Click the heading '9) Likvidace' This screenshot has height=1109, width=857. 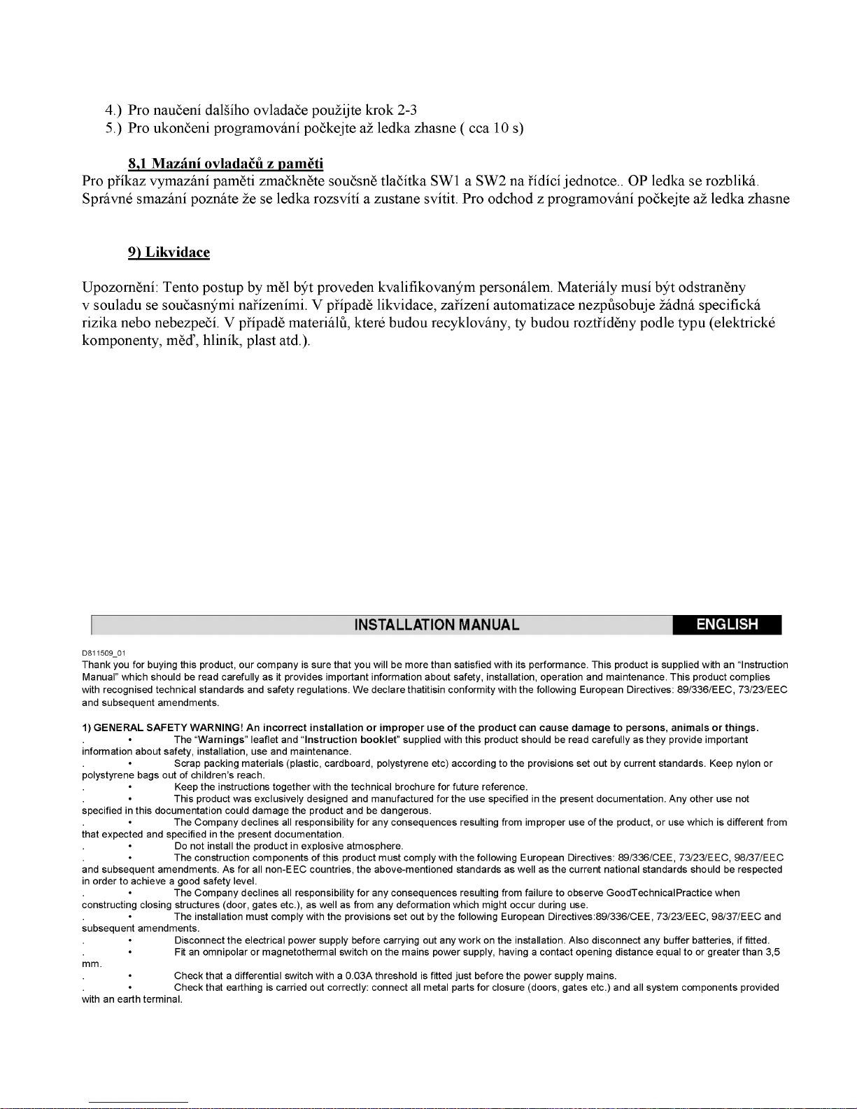[169, 253]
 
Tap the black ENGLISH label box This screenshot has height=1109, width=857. [727, 624]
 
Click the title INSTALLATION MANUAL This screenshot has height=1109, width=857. [437, 625]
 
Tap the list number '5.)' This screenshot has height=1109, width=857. [113, 128]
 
